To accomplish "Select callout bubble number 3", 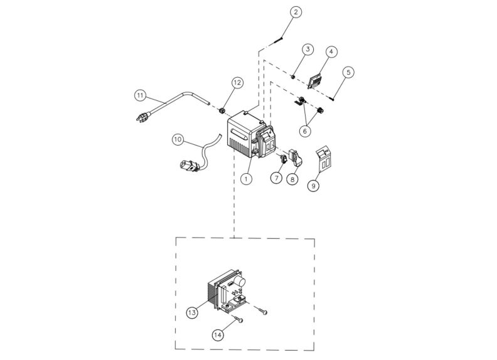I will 307,50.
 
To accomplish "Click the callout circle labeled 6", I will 305,131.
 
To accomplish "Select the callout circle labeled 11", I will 141,95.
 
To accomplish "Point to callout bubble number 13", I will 192,311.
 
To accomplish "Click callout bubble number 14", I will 217,336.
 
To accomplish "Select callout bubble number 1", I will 247,179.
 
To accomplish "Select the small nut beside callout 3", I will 292,77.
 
